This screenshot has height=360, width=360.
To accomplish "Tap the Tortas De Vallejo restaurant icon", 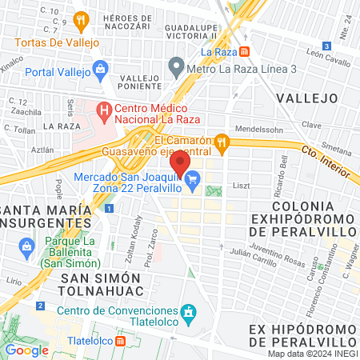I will [80, 21].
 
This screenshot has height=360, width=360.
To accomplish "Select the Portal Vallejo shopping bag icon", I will [99, 69].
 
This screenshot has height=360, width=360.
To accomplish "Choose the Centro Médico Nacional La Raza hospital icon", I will [102, 109].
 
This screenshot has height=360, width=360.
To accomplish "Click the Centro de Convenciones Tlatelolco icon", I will [187, 310].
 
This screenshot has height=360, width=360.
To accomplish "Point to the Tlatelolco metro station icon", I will [120, 340].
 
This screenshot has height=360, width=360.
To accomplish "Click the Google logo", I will [26, 350].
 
